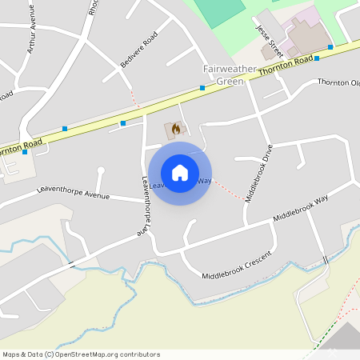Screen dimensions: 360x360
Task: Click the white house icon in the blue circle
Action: coord(180,173)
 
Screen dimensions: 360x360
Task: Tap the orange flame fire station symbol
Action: coord(175,128)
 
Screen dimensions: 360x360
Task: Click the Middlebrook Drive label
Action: coord(258,173)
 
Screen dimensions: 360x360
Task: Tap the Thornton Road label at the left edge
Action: coord(19,147)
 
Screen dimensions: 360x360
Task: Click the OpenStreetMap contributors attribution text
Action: coord(82,354)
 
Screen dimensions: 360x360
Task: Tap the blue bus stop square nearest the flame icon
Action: coord(123,123)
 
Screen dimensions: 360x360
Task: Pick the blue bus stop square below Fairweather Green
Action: coord(202,87)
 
